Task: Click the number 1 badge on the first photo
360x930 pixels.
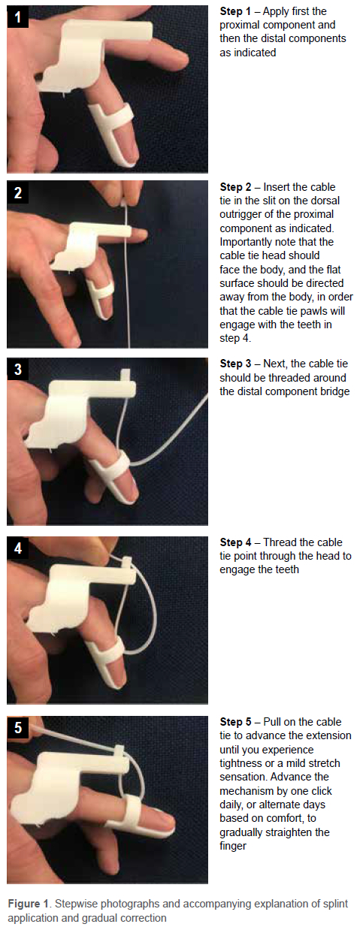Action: click(17, 17)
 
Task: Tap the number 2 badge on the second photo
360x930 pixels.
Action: click(17, 192)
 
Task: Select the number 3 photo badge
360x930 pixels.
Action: click(17, 369)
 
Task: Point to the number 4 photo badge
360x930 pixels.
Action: click(17, 548)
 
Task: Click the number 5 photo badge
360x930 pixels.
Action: click(17, 727)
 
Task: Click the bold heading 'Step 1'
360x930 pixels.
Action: click(235, 11)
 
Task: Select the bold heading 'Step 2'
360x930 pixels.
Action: click(235, 187)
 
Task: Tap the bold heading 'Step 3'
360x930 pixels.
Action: click(235, 364)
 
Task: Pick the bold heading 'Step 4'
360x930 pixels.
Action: click(235, 542)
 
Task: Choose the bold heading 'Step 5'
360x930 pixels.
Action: click(235, 722)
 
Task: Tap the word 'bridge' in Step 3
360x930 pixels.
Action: click(334, 391)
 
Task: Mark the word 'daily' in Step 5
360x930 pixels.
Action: click(231, 805)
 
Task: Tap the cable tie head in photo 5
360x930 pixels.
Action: click(118, 750)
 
